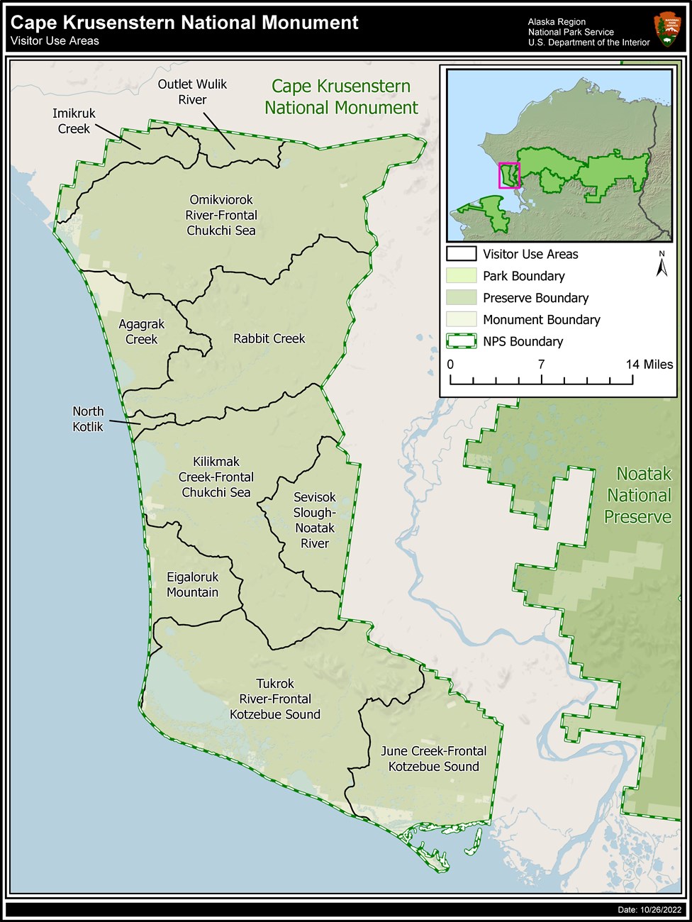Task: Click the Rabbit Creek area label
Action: [269, 339]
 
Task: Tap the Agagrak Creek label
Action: [141, 332]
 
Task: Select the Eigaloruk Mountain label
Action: [193, 585]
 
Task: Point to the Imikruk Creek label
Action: [74, 121]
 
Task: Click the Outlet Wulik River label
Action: [192, 92]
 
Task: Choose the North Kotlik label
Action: [88, 419]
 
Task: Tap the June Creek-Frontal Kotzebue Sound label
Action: [433, 759]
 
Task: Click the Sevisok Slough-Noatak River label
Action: [315, 521]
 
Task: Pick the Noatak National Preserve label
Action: [639, 495]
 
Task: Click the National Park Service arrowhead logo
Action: [666, 30]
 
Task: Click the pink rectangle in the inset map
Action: [509, 175]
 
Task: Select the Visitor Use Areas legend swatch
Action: [461, 254]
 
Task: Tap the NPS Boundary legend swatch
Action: [461, 341]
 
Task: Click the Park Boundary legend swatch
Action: [461, 276]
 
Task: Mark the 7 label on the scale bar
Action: [541, 365]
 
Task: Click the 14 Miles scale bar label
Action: [649, 365]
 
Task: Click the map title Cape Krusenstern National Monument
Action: [184, 23]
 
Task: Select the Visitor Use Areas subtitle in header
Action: [55, 41]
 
